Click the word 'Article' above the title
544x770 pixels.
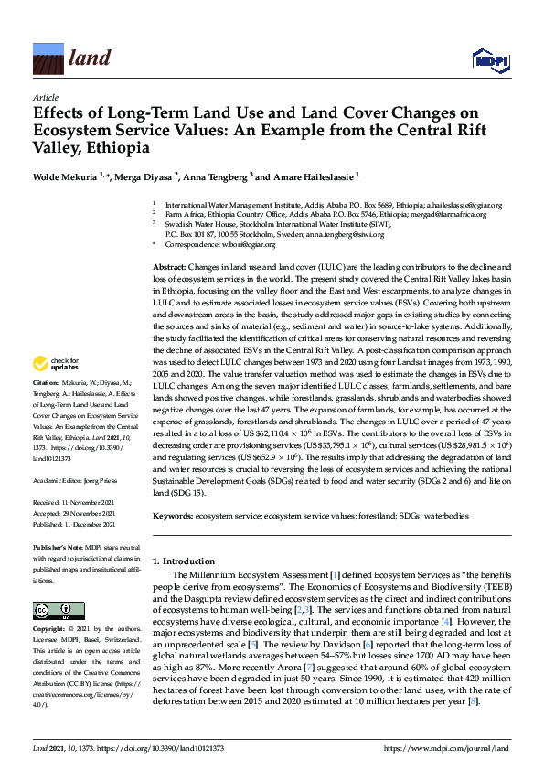click(45, 98)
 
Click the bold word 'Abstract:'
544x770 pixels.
click(169, 264)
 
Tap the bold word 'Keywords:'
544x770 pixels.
click(171, 517)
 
